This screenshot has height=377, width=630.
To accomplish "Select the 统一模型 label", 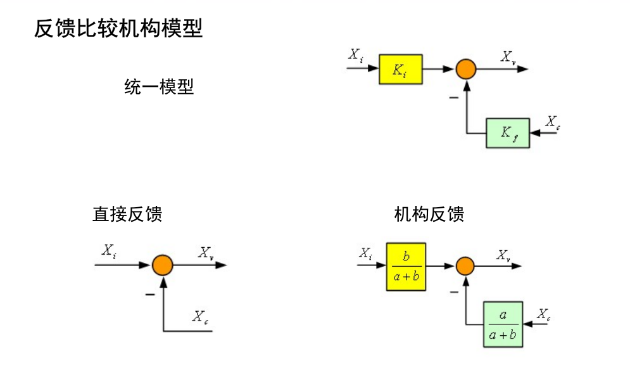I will pos(159,87).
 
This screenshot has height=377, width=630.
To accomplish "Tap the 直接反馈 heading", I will pos(127,214).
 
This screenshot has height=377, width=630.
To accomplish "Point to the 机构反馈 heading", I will pos(429,214).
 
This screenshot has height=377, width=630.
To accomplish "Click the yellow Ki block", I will pos(400,69).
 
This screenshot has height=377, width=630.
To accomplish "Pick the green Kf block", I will pos(507,133).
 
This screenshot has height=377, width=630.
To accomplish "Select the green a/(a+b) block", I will pos(503,324).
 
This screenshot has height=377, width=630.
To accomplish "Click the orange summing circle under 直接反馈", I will pos(163,265).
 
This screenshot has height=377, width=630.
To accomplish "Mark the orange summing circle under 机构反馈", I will pos(465,265).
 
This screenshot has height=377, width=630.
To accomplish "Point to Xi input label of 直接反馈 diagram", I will pos(109,251).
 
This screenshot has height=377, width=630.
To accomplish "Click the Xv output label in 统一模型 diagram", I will pos(508,56).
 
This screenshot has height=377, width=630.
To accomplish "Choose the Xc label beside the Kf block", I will pos(552,122).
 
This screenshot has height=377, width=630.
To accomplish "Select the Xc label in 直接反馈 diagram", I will pos(200,316).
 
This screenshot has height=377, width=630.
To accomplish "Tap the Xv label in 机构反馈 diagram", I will pos(504,255).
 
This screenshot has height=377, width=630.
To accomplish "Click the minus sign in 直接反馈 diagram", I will pos(149,293).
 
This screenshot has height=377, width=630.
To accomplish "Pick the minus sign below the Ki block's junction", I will pos(453,98).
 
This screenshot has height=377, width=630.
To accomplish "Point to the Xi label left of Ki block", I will pos(356,54).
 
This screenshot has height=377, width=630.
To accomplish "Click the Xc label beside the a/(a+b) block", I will pos(543,314).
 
